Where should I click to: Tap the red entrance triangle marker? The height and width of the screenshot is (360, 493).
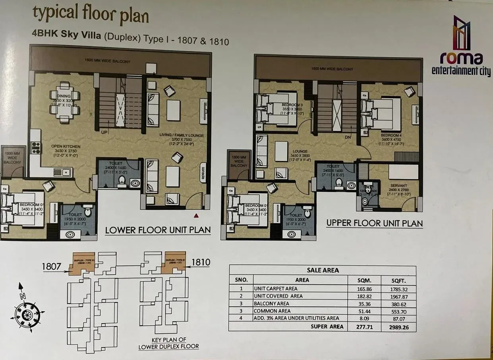coord(196,215)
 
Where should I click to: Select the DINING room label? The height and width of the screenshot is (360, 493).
coord(64,96)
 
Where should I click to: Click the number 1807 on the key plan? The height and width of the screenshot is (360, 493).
coord(52,267)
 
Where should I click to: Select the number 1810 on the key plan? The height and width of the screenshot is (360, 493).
coord(201,262)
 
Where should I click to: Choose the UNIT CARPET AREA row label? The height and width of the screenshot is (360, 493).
coord(275,288)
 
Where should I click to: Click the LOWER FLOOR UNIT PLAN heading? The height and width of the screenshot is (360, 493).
coord(158,230)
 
